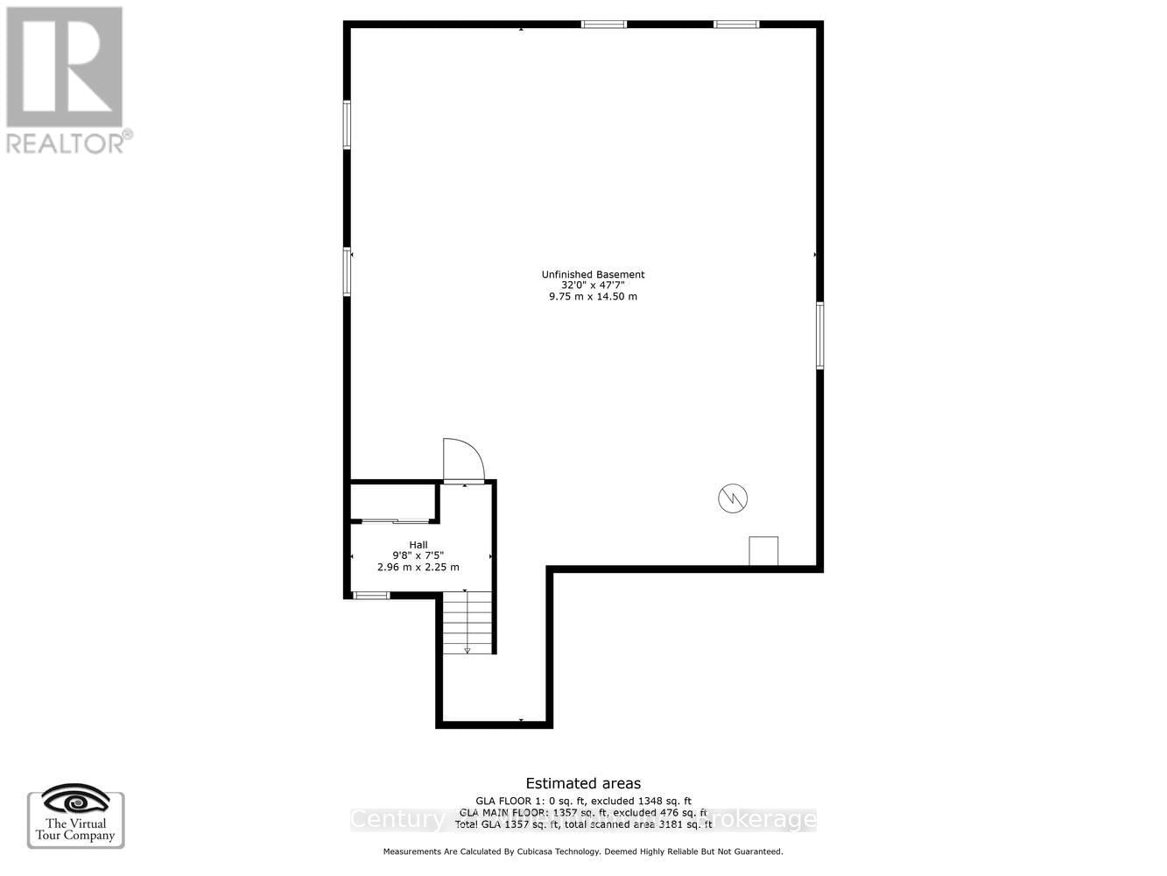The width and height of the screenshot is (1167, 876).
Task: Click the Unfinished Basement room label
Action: click(593, 274)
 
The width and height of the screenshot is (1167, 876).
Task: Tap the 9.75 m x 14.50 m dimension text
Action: click(593, 297)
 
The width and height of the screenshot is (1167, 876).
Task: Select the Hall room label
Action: click(418, 545)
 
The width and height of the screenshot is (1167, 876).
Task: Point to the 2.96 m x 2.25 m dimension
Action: click(418, 568)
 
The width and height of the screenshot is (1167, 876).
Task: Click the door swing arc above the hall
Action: click(463, 460)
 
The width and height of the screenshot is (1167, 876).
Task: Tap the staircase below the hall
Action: click(468, 623)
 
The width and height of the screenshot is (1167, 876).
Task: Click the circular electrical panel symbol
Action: click(733, 498)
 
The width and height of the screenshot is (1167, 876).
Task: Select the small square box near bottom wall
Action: click(763, 551)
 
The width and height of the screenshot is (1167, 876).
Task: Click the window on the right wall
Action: click(820, 336)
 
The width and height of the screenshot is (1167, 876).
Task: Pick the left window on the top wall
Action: click(604, 25)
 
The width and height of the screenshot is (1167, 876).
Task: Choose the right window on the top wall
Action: click(736, 25)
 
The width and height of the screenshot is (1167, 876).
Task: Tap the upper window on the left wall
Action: click(347, 124)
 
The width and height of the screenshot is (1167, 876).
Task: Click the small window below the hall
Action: click(371, 596)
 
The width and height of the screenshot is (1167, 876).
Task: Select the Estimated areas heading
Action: click(583, 784)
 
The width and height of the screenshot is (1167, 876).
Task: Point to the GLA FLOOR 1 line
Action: click(583, 801)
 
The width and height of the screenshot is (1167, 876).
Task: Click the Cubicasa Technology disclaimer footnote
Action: click(583, 851)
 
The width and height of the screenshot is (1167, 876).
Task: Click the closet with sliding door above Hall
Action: click(394, 501)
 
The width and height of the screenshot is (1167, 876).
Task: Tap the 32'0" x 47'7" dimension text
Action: click(593, 286)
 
